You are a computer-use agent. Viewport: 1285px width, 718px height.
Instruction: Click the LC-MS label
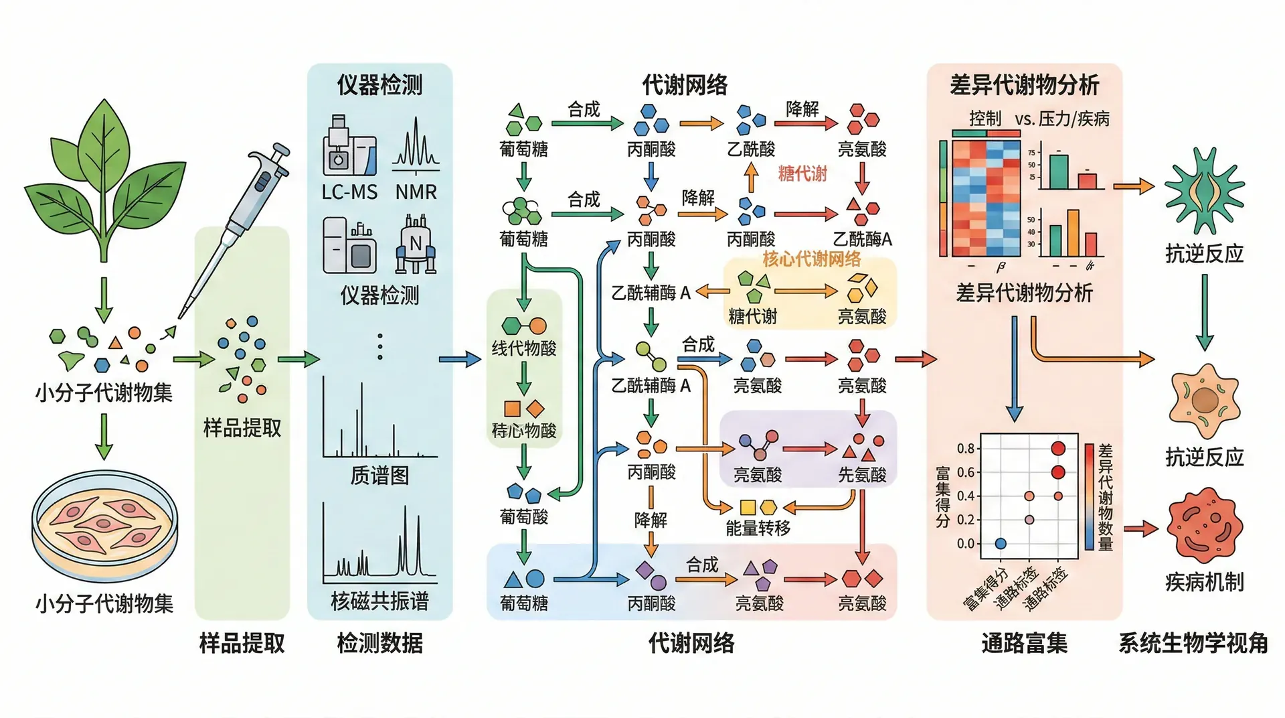[349, 192]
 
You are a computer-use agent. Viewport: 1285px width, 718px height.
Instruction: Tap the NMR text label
[416, 192]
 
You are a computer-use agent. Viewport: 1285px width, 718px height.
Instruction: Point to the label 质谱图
[379, 476]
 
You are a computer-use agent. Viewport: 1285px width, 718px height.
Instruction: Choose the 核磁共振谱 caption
[379, 601]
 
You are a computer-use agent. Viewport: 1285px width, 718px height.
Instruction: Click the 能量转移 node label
[758, 528]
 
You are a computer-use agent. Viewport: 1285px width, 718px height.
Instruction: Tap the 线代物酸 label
[524, 348]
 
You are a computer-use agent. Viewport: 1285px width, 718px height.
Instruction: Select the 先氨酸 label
[862, 475]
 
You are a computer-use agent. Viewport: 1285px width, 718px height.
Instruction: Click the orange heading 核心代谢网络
[811, 259]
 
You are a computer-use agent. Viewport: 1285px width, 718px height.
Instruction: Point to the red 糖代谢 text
[802, 174]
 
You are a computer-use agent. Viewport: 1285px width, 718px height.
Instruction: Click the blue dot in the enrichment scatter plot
[1001, 543]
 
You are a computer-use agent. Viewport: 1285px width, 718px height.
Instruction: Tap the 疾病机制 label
[1204, 582]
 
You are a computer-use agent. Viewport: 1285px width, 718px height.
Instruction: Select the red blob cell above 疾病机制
[1204, 526]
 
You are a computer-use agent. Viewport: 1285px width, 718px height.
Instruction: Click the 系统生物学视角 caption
[1193, 643]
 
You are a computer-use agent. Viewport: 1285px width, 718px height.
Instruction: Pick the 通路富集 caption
[1024, 643]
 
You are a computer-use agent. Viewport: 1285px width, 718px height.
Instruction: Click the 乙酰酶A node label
[862, 239]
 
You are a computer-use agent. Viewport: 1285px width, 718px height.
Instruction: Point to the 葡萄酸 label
[524, 516]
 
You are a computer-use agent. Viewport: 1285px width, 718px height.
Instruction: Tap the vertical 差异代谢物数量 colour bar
[1090, 496]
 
